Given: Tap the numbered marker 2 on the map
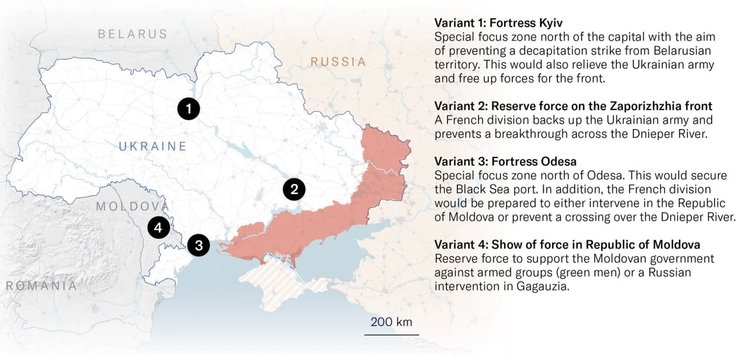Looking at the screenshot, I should click(x=293, y=188).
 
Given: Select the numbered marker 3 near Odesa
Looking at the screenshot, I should click(x=198, y=244).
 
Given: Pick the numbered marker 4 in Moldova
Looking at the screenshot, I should click(x=158, y=228).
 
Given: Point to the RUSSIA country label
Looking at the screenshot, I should click(x=339, y=62).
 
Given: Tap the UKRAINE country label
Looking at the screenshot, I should click(x=153, y=147).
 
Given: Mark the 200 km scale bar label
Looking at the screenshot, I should click(x=391, y=321).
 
